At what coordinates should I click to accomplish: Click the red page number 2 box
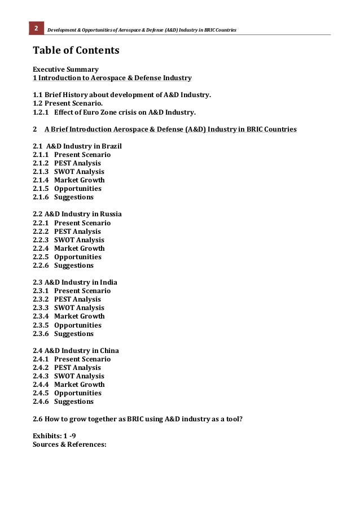[36, 28]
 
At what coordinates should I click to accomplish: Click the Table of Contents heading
[76, 50]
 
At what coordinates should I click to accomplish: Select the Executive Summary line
[65, 69]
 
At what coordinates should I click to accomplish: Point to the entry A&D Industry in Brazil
[77, 146]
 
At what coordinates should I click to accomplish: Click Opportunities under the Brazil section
[78, 189]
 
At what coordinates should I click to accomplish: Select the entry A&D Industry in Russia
[77, 214]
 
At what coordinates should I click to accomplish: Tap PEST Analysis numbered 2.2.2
[77, 232]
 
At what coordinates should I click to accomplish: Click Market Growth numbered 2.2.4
[79, 249]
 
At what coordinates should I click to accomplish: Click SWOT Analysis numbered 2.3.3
[79, 308]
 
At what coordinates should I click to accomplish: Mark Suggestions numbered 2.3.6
[74, 334]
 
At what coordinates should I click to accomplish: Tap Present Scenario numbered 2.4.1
[82, 359]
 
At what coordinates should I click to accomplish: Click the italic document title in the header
[141, 29]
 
